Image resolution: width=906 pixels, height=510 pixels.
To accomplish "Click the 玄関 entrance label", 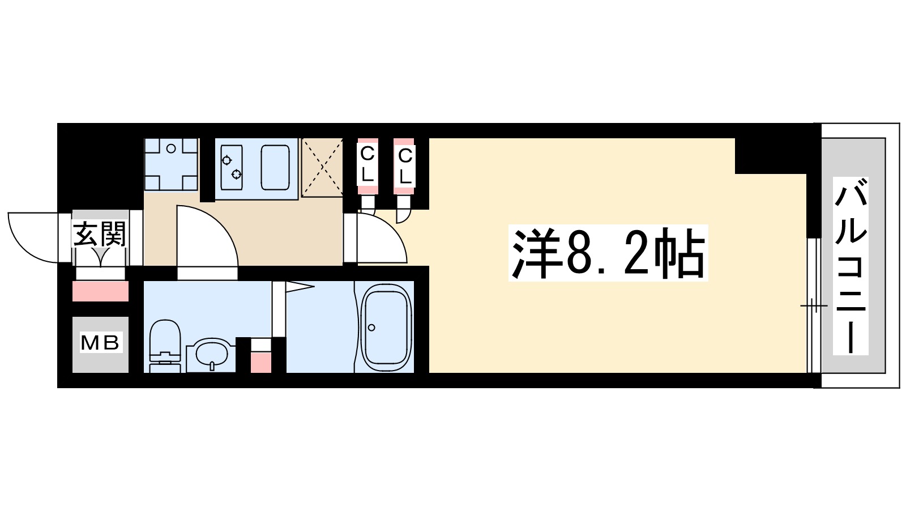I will click(100, 233).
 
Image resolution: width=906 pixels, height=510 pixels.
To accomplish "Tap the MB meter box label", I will click(100, 343).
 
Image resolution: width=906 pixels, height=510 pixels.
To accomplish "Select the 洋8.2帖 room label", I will click(608, 253).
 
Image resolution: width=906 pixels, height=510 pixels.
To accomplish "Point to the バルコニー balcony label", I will click(851, 266).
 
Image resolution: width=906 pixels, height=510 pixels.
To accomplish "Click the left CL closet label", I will click(367, 163).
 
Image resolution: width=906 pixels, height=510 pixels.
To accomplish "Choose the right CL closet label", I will click(405, 165).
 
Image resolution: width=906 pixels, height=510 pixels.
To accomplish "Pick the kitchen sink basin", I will click(275, 167).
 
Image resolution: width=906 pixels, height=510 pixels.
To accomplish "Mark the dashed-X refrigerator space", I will click(322, 167).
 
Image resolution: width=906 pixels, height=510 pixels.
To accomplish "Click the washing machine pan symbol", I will click(171, 164).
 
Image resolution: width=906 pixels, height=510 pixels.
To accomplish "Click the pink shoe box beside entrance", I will click(100, 291).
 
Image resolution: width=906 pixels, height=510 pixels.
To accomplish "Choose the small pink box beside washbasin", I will click(261, 362).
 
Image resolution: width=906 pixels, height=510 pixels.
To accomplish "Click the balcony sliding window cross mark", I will click(813, 306).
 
